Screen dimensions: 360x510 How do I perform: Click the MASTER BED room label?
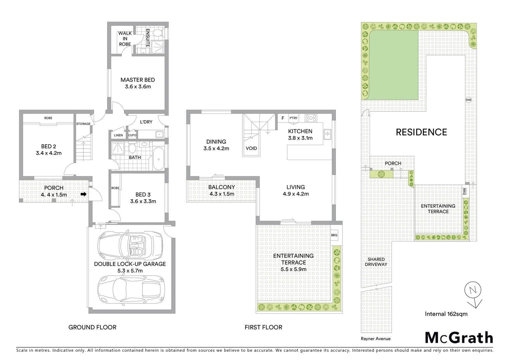coord(137,80)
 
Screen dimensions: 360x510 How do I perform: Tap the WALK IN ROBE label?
coord(125,39)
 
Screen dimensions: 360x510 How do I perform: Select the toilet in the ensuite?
coord(158,33)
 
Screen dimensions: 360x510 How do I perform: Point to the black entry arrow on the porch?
coord(83,194)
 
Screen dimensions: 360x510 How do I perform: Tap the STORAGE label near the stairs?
coord(83,124)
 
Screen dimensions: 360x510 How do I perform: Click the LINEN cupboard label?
coord(118,135)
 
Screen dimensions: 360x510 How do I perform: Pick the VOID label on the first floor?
coord(251,148)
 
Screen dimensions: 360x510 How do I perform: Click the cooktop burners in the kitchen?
coord(311,118)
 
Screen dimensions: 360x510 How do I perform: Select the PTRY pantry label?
coord(293,118)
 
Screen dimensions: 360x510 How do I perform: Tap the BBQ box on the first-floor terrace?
coord(334,235)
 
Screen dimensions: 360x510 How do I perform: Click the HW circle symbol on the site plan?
coord(468,100)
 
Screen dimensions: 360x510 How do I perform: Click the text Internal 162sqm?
coord(446,314)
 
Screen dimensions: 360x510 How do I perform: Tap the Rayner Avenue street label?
coord(376,339)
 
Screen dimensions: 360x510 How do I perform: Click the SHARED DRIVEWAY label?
coord(376,262)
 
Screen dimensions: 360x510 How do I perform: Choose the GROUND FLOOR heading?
coord(92,327)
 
